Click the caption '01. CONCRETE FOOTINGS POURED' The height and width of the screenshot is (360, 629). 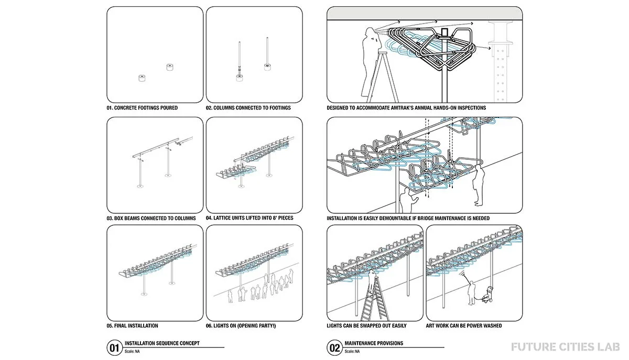[x=142, y=108]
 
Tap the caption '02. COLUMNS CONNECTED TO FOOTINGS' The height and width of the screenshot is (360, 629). [x=248, y=108]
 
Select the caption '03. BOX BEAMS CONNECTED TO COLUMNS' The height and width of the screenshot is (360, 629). [x=151, y=218]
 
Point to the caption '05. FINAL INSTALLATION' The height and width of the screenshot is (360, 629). [x=132, y=326]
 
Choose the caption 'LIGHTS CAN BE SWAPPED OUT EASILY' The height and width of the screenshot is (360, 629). [x=366, y=326]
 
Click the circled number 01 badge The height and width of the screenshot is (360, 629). [x=114, y=347]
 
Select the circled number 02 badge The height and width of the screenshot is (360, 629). [x=334, y=347]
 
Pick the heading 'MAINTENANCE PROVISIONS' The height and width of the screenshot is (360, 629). [x=374, y=344]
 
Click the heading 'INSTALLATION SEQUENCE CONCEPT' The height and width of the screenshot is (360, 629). [x=162, y=344]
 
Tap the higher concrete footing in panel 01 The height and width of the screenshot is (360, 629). [x=169, y=67]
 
